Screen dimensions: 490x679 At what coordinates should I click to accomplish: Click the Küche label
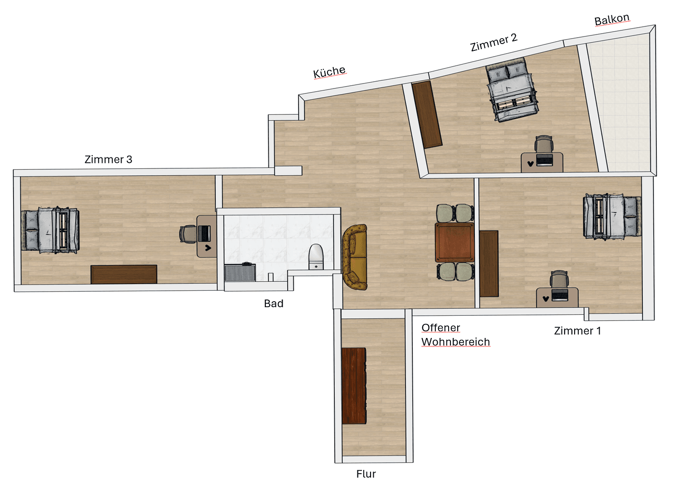[x=329, y=72]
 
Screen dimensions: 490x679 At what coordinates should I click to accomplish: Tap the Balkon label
[x=612, y=20]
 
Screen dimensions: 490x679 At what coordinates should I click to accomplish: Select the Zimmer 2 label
[x=493, y=42]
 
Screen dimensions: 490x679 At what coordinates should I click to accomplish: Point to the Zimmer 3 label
[x=108, y=159]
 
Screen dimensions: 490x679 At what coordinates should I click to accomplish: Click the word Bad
[x=274, y=304]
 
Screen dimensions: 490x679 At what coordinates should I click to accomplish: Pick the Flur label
[x=366, y=474]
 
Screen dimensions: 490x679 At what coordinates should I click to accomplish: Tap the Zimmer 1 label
[x=577, y=331]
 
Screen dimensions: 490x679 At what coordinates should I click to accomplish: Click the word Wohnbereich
[x=455, y=342]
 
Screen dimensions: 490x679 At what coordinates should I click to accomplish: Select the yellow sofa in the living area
[x=355, y=257]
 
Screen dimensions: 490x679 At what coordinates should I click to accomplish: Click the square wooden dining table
[x=454, y=242]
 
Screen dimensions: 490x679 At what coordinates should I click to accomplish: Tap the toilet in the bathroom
[x=316, y=256]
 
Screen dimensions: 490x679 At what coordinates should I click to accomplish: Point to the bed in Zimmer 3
[x=50, y=230]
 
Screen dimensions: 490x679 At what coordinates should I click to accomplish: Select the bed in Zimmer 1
[x=612, y=216]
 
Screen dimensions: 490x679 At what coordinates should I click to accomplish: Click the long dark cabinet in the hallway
[x=354, y=386]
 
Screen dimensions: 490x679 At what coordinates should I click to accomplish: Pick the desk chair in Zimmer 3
[x=187, y=234]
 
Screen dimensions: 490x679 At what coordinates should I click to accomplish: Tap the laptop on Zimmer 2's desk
[x=544, y=160]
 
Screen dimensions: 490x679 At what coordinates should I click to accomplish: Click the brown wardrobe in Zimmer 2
[x=426, y=114]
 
